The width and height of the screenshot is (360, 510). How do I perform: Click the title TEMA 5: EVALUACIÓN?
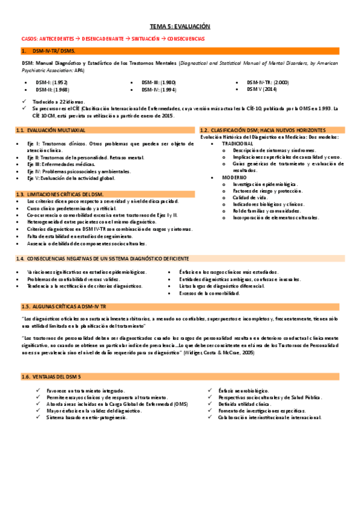click(180, 27)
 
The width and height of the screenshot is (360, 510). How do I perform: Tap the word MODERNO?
click(233, 177)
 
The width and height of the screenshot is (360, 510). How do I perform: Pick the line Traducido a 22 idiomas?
click(59, 102)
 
